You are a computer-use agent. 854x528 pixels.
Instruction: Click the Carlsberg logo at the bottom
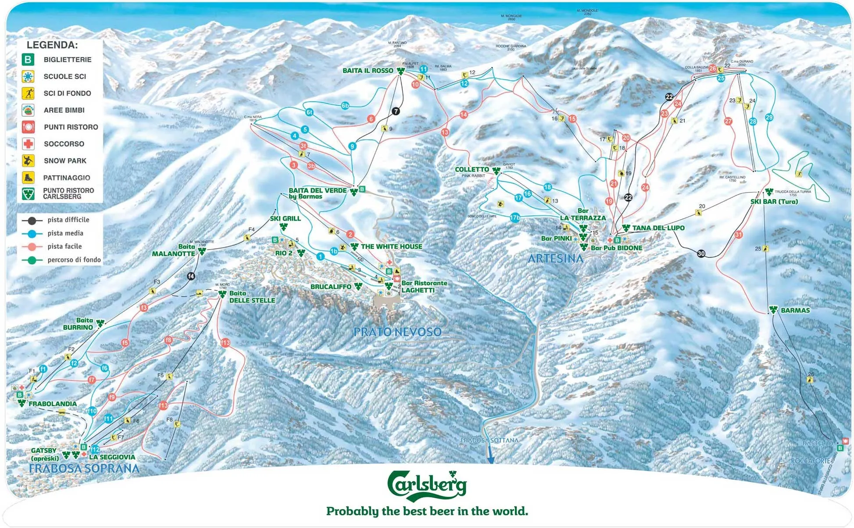427,486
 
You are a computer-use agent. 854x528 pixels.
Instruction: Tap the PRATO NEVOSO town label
397,332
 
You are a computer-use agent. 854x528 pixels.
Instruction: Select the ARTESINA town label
555,259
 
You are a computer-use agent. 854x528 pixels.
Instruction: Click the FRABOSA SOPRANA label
84,469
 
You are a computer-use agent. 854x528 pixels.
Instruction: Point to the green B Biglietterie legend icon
28,60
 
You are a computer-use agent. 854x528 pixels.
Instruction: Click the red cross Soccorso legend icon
28,144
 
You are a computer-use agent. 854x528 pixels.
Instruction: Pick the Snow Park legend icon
28,161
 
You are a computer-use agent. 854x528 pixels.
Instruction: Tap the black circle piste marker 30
701,253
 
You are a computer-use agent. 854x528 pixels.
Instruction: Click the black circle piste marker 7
396,111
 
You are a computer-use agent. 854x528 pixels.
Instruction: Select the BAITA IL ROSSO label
368,71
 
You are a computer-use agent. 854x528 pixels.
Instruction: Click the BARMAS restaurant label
795,310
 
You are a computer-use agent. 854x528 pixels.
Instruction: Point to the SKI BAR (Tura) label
774,202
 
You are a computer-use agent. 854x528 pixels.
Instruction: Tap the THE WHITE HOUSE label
391,246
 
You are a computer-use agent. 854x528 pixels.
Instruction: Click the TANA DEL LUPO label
658,228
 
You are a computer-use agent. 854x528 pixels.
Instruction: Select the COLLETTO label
472,169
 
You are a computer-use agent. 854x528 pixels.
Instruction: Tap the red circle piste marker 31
739,235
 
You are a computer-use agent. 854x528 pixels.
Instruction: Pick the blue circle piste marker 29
769,117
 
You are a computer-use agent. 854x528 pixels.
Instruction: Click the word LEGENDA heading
52,45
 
